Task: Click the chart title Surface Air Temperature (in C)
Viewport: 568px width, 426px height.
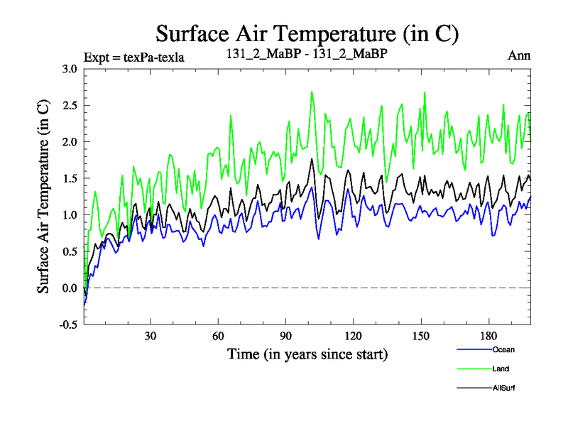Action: [307, 33]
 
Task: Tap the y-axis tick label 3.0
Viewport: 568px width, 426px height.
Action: [69, 69]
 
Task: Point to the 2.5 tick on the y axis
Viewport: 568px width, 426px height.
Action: [69, 105]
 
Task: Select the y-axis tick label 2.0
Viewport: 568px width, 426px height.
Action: [69, 142]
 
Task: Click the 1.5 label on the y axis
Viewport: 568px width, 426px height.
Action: [69, 178]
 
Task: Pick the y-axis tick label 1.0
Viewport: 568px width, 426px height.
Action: [69, 215]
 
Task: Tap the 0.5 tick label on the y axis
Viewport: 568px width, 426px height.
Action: [69, 251]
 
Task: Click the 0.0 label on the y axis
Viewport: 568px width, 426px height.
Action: [69, 288]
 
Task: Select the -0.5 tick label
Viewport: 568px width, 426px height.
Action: [67, 324]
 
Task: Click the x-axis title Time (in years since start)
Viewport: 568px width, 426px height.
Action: [307, 353]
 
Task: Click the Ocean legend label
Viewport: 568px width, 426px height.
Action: [503, 349]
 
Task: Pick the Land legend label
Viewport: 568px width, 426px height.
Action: [500, 368]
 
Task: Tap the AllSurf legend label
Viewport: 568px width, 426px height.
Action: [503, 388]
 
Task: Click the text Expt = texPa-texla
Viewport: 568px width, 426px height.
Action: [134, 58]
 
